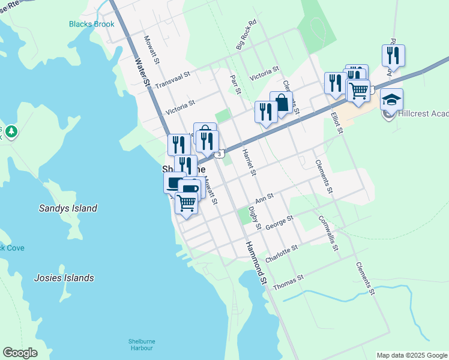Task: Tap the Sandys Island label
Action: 68,208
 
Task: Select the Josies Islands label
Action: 64,278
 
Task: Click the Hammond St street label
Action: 255,263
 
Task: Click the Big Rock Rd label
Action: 246,37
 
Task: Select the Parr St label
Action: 235,84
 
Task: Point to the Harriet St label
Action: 249,163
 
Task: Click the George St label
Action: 279,223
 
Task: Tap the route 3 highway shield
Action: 221,154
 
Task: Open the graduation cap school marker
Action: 391,100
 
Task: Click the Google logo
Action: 20,353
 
